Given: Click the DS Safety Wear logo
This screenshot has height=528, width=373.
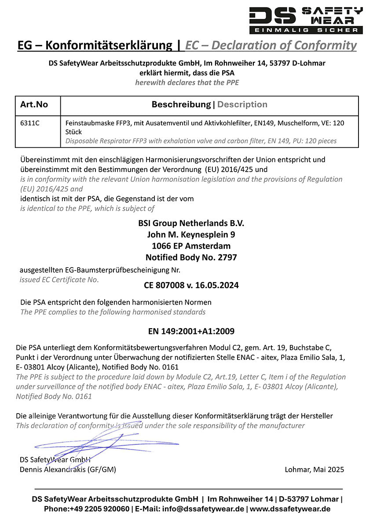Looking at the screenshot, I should [306, 19].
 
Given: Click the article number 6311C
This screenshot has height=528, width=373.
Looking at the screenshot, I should [30, 124].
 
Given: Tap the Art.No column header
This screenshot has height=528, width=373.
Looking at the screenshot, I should [34, 105].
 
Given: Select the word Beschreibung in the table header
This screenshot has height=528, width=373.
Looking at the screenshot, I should [181, 105].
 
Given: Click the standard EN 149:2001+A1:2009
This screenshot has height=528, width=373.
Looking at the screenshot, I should [191, 331].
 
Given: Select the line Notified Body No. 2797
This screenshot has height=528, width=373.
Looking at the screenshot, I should [191, 257].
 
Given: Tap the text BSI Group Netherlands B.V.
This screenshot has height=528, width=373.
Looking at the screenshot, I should [191, 223].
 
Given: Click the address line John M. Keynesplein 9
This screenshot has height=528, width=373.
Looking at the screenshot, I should [191, 235].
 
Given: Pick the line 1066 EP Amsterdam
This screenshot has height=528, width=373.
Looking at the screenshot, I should [191, 246].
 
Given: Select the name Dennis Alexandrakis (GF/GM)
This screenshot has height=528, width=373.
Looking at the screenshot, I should [68, 469].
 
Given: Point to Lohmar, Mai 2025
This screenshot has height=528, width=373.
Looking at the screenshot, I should [314, 469].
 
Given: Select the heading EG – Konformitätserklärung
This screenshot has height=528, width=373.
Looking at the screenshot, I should [95, 45].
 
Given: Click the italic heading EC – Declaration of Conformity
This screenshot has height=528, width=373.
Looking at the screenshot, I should [271, 45].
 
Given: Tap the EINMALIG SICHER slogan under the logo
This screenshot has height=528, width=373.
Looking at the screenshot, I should [306, 30].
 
